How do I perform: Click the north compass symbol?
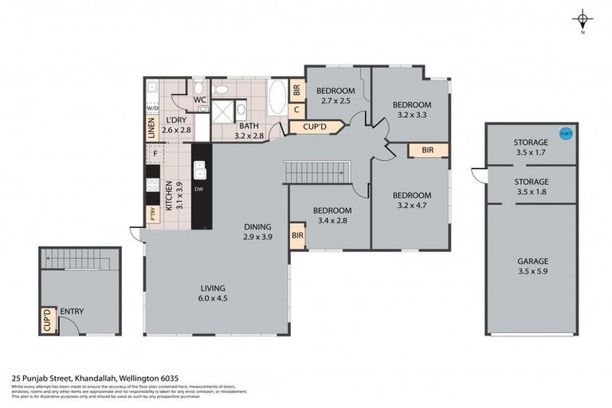[583, 20]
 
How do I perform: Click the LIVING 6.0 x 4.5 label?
[213, 293]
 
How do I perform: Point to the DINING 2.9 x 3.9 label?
[257, 231]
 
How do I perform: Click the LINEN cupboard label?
[151, 129]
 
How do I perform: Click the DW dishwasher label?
[198, 189]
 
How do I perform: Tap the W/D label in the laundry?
[152, 107]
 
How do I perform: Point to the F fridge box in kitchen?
[155, 151]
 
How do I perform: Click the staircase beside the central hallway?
[317, 171]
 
